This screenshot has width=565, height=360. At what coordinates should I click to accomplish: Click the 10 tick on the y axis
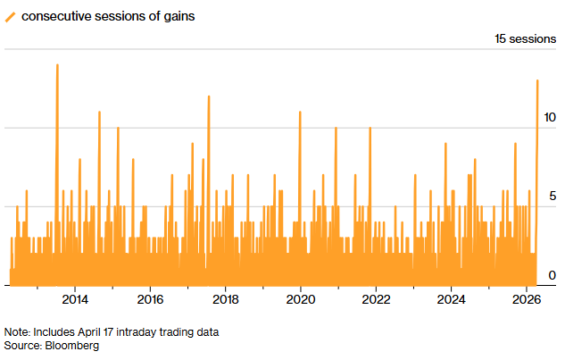pos(551,117)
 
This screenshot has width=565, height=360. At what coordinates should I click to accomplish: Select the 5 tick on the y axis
pos(553,196)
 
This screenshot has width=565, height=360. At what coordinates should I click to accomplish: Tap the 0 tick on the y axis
pos(553,274)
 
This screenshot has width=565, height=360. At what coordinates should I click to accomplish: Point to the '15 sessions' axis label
pos(525,39)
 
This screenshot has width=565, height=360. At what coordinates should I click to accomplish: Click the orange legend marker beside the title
pos(11,16)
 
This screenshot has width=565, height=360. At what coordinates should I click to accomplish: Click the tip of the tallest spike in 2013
pos(57,64)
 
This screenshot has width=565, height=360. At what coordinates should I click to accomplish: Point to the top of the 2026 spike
pos(536,80)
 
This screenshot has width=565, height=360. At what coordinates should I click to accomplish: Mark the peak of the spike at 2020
pos(300,112)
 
